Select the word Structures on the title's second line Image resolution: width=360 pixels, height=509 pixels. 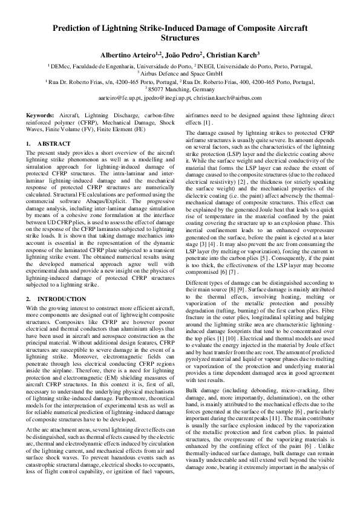pos(180,37)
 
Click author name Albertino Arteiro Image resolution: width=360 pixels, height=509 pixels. pos(128,54)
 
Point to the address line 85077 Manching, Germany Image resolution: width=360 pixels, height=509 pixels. pos(182,88)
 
